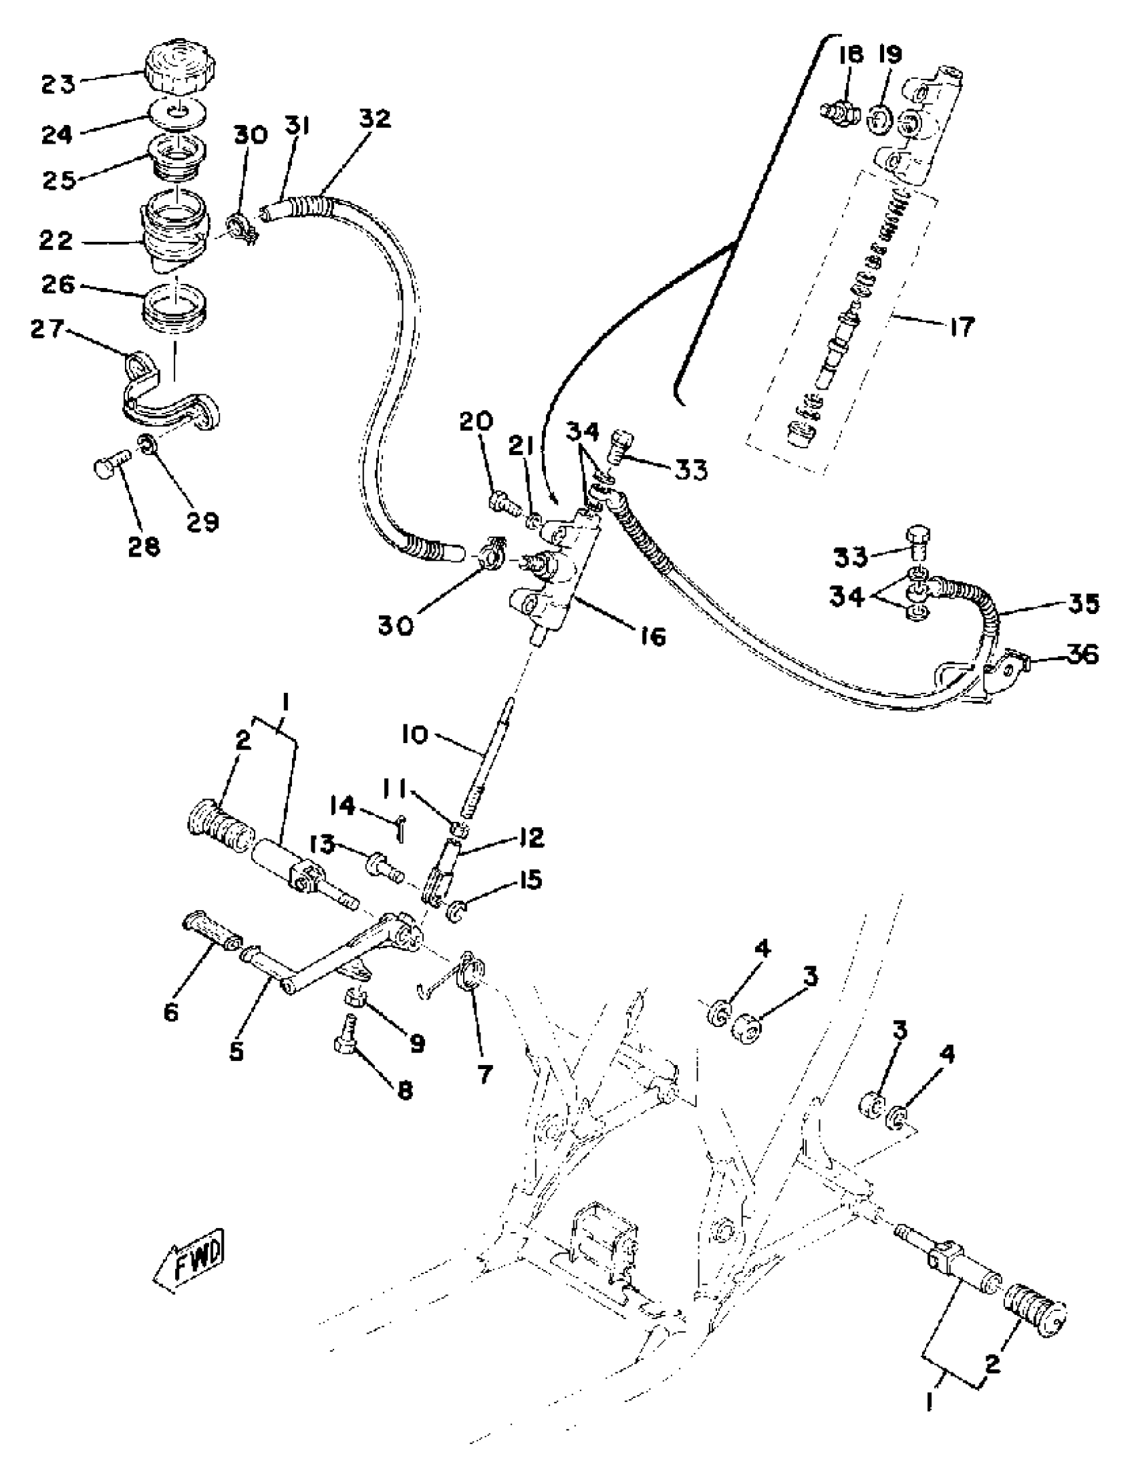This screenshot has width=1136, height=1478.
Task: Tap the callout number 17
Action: click(x=960, y=328)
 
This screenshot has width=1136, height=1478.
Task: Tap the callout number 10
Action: click(x=414, y=735)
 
